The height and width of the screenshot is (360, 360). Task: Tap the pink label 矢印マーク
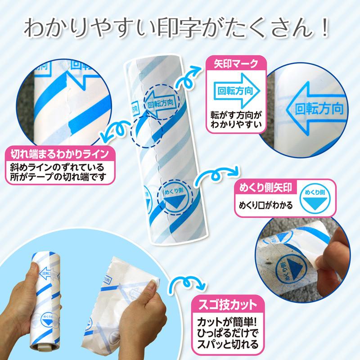click(236, 63)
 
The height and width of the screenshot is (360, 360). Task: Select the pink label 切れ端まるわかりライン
click(60, 154)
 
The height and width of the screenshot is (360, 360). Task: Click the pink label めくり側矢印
click(265, 188)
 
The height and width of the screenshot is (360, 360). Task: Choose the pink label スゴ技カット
click(228, 305)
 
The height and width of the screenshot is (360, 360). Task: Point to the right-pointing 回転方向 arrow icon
click(237, 91)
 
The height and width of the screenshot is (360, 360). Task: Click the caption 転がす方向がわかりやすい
click(236, 120)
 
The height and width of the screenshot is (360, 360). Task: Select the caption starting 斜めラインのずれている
click(58, 172)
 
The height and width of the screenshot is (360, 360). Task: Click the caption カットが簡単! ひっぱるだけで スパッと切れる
click(228, 333)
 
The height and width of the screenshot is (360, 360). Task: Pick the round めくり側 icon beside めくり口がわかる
click(315, 199)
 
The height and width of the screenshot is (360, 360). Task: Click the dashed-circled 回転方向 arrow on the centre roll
click(161, 103)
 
